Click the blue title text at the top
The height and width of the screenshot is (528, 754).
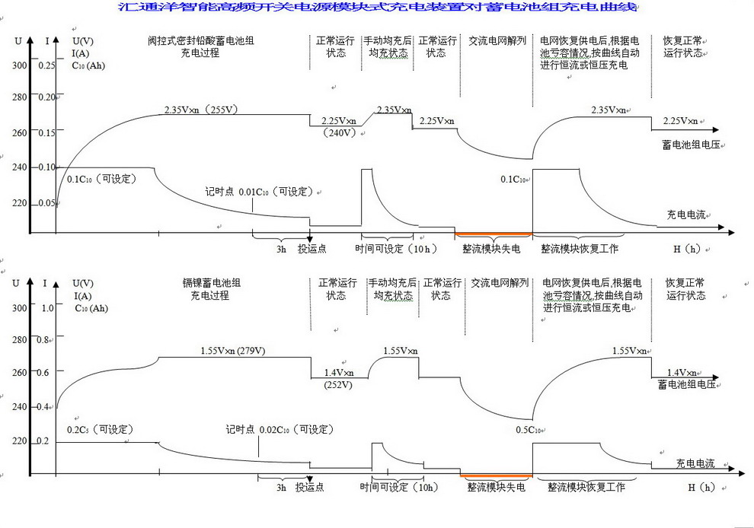376,8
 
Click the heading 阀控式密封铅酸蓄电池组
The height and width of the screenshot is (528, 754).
201,40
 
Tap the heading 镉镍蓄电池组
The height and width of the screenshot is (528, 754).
210,283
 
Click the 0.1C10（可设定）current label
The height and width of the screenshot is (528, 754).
101,179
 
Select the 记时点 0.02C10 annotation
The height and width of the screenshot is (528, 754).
280,430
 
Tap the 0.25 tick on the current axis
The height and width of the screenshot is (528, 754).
47,66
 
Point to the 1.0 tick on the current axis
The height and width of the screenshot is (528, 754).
47,307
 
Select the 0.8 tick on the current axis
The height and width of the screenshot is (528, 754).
47,340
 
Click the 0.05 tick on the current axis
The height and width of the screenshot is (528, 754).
47,203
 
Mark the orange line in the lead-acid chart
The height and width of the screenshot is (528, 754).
493,233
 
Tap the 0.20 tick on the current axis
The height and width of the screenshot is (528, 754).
47,97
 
